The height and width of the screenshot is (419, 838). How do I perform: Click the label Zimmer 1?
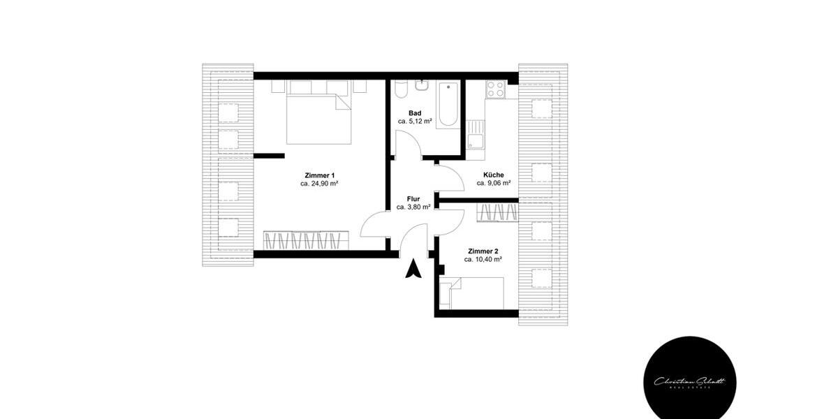pos(320,175)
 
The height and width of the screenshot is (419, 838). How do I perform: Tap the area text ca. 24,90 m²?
pos(320,184)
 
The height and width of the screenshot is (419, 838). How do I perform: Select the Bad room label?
pos(415,112)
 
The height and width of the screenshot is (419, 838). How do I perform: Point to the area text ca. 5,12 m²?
pos(415,121)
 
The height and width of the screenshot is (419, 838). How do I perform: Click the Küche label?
pos(494,175)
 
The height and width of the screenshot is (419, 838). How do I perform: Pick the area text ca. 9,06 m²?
pos(494,183)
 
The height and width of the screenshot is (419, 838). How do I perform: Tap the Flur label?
pos(413,198)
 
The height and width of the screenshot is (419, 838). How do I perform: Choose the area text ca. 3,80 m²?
pos(413,207)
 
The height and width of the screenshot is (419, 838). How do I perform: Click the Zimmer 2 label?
pos(483,251)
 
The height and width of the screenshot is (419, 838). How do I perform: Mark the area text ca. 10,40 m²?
pos(483,259)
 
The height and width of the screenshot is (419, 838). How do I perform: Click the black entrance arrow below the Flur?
pos(413,268)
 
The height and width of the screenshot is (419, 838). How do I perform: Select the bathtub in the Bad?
pos(448,104)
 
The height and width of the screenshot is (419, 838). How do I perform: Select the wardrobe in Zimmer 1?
pos(306,241)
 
